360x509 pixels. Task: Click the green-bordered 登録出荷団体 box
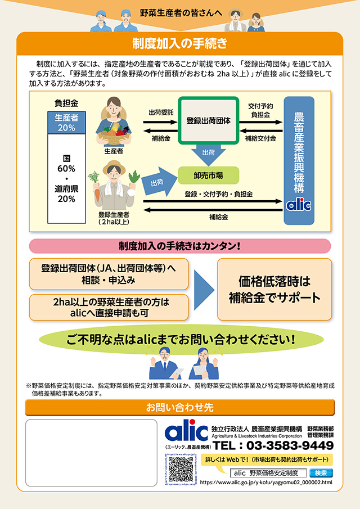[213, 120]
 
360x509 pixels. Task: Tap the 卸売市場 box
[208, 175]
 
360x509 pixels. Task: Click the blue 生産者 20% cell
[66, 122]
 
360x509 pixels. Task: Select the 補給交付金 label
[261, 138]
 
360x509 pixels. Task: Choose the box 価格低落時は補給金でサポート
[274, 289]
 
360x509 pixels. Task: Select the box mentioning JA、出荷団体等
[109, 273]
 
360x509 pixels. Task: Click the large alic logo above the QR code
[186, 431]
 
